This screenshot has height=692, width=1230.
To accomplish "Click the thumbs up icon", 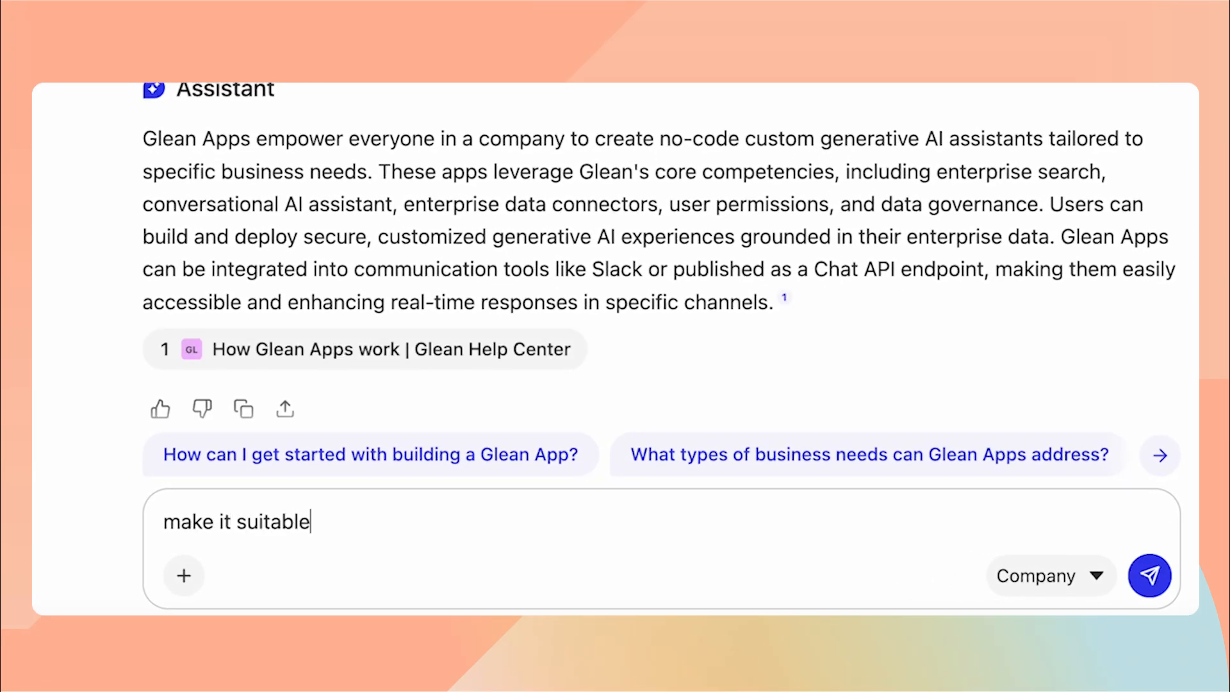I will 160,409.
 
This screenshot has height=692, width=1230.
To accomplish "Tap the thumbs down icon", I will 202,409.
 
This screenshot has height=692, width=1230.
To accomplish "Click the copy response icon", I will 243,409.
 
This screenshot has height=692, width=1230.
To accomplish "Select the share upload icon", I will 285,409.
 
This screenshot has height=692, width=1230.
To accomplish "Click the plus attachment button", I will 184,575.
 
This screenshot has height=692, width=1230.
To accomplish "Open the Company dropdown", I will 1050,575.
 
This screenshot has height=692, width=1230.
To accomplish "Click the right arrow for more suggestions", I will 1160,456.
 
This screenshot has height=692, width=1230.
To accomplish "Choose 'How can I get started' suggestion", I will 370,455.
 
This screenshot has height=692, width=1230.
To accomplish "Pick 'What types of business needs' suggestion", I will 869,455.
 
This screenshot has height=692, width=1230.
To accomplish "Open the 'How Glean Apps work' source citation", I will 391,349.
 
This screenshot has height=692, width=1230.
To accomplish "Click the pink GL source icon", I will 192,349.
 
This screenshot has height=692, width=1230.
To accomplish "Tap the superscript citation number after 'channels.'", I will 784,297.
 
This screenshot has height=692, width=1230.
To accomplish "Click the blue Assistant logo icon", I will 154,90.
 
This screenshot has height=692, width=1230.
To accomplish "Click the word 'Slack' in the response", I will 616,270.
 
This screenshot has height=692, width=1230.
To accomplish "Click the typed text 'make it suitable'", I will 236,522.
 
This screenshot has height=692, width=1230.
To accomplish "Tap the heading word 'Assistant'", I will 225,90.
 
